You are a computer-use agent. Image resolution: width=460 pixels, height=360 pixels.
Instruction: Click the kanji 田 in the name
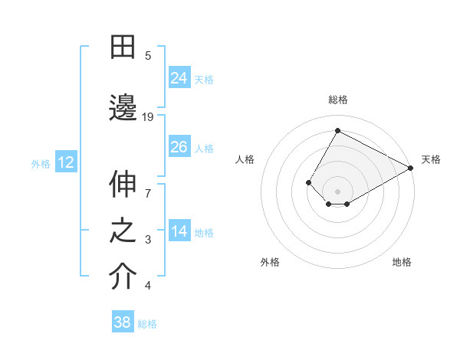(x=123, y=47)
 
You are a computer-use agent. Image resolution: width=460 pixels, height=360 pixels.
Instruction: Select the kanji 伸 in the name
(x=123, y=185)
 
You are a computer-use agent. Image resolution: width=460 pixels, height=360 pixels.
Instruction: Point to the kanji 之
(x=123, y=231)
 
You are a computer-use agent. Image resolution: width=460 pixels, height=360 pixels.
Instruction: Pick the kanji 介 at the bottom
(x=123, y=277)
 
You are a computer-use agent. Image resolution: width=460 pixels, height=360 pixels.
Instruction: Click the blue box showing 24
(x=179, y=77)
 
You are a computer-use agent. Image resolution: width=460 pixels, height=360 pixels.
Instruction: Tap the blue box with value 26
(x=179, y=146)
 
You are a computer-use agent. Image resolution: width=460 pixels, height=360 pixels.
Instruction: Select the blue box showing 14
(x=179, y=231)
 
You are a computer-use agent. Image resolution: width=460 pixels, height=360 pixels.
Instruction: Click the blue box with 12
(x=65, y=162)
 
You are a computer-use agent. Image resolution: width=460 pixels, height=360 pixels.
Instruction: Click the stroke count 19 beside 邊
(x=148, y=116)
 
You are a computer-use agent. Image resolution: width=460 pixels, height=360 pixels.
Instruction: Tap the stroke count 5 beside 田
(x=148, y=55)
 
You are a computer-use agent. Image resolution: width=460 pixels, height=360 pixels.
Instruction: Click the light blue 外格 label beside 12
(x=40, y=163)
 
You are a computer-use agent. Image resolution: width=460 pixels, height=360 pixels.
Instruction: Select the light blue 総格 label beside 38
(x=147, y=324)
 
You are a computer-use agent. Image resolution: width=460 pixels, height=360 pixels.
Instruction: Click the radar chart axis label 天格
(x=431, y=159)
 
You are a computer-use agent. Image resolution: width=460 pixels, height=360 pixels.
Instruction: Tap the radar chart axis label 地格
(x=402, y=262)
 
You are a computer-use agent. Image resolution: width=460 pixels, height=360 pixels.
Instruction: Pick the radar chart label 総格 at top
(x=338, y=100)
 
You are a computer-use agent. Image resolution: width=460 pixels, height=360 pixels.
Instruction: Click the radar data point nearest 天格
(x=411, y=168)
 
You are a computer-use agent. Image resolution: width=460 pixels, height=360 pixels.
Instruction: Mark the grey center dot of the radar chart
(x=338, y=191)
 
